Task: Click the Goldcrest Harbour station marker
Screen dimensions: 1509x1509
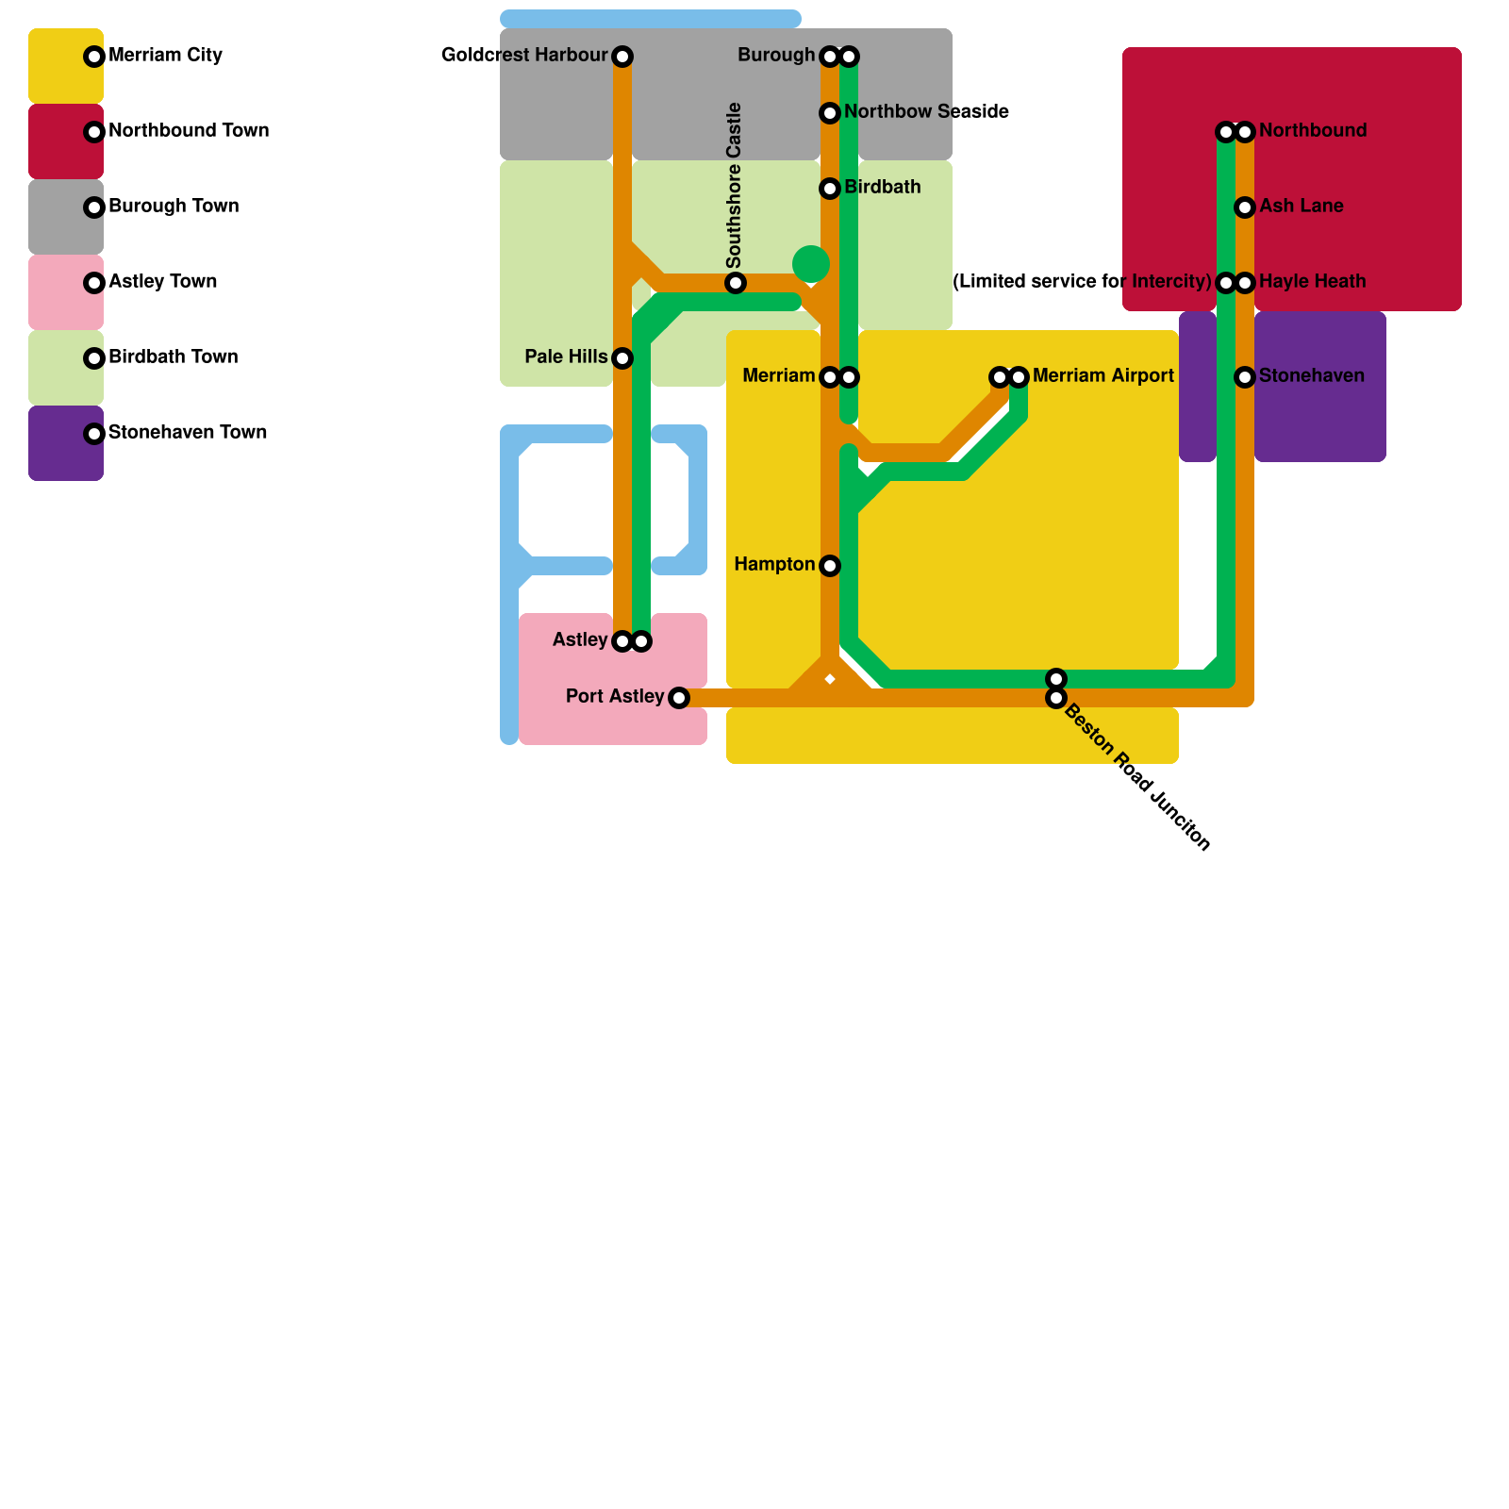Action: click(622, 57)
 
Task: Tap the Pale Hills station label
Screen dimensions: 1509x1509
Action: click(566, 357)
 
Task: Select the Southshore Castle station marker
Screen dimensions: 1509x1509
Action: click(736, 283)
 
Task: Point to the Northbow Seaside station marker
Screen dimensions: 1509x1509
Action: click(830, 113)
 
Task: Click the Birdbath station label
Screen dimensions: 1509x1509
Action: click(882, 188)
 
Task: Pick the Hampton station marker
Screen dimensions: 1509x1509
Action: click(830, 566)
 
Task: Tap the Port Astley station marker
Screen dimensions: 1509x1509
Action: click(679, 698)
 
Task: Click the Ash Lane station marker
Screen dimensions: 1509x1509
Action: click(1245, 207)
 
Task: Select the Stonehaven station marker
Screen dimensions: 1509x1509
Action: click(1245, 377)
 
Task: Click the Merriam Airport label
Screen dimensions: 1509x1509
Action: click(1103, 376)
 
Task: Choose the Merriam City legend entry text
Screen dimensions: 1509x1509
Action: click(165, 56)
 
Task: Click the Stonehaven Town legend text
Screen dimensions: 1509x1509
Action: click(188, 433)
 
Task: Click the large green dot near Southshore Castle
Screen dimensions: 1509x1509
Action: click(811, 264)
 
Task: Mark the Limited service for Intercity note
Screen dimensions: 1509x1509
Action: click(1082, 282)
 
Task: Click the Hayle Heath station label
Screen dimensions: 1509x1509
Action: click(1312, 282)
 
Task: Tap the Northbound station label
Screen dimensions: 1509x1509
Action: click(1312, 131)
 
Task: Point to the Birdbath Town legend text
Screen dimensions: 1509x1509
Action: click(173, 357)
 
